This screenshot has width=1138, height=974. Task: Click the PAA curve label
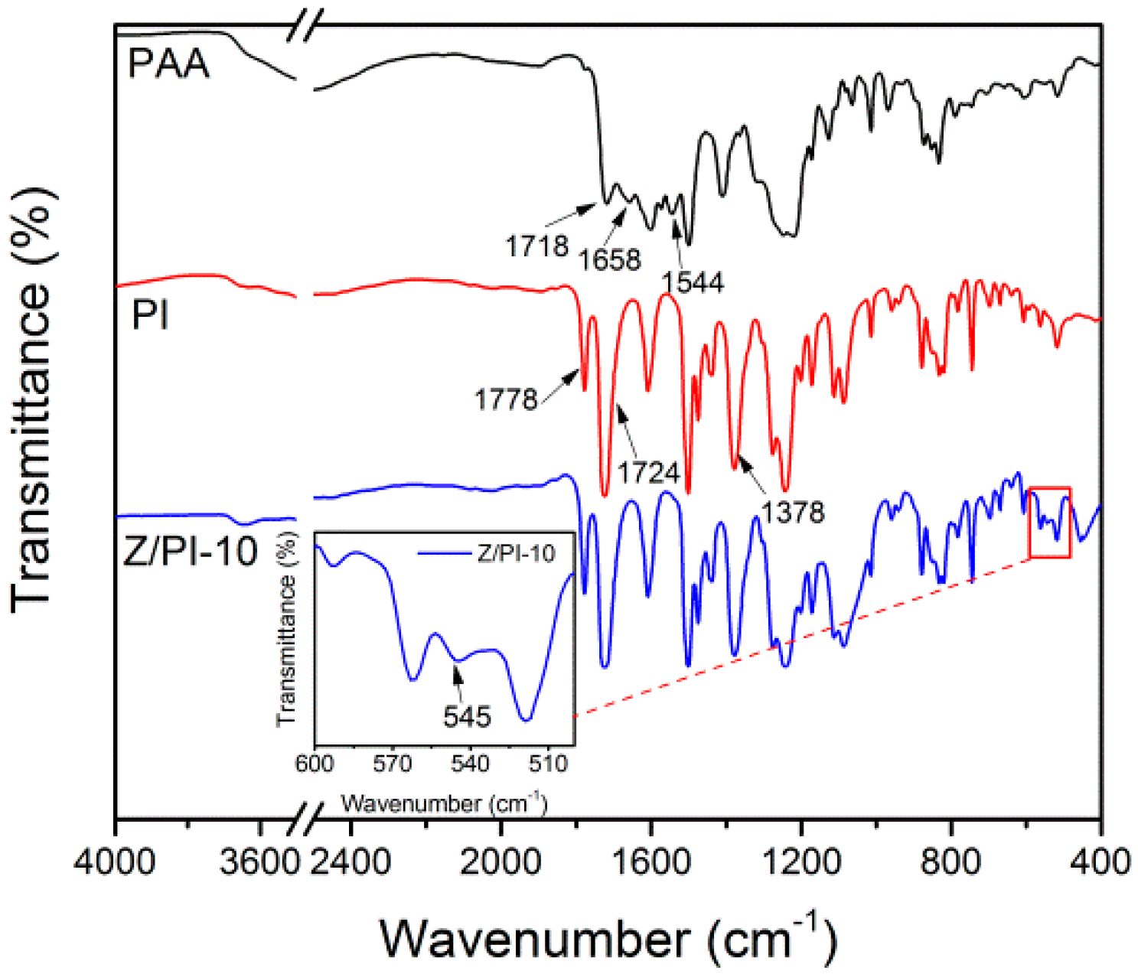(168, 63)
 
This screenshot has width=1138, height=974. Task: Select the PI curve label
(150, 314)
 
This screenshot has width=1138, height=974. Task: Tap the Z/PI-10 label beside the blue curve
(191, 551)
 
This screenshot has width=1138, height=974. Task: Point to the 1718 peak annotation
(536, 246)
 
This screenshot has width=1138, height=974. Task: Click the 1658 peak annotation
(609, 260)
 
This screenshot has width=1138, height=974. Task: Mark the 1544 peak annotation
(693, 282)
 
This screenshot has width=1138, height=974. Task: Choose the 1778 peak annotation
(506, 399)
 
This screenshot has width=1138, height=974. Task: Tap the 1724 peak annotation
(648, 473)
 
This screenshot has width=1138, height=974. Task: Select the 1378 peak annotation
(793, 512)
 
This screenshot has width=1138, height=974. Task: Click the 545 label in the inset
(467, 716)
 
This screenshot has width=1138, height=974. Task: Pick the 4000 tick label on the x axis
(115, 862)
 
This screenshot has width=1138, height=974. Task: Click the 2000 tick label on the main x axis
(501, 862)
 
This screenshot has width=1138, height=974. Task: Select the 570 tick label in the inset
(393, 764)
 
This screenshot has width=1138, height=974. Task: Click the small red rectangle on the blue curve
(1049, 523)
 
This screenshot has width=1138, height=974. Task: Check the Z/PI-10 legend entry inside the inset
(516, 553)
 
